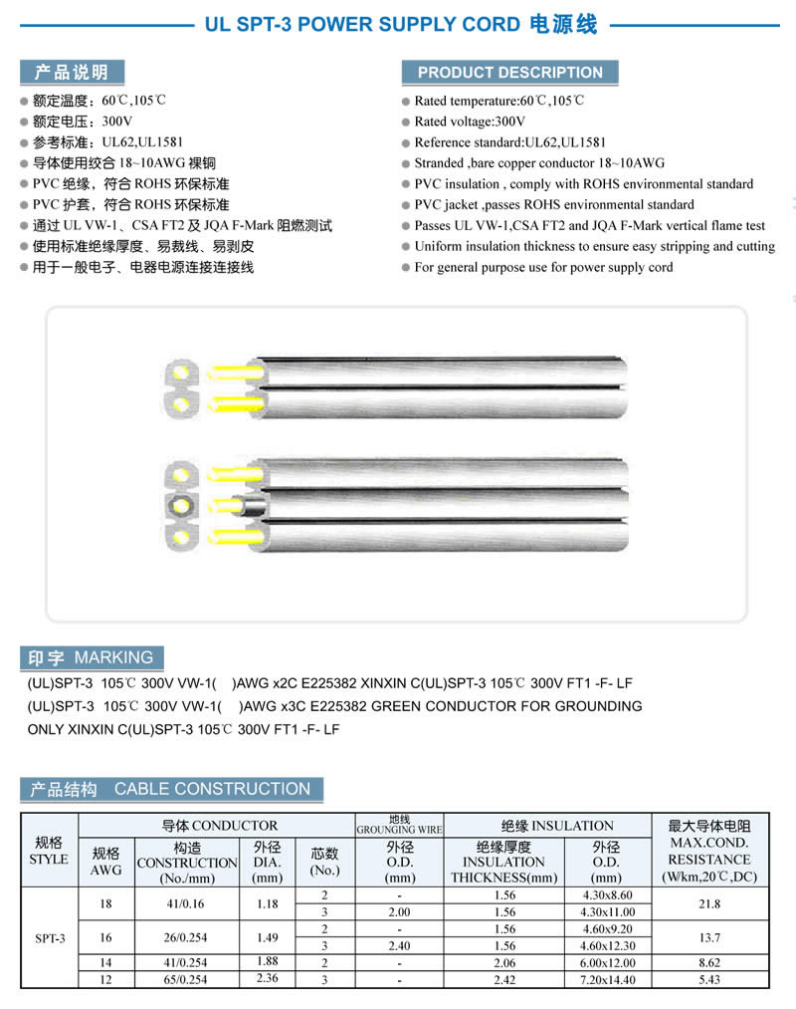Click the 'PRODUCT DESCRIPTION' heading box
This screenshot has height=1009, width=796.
click(509, 72)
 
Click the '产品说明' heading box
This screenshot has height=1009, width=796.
click(72, 72)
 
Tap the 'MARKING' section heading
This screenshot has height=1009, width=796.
click(91, 657)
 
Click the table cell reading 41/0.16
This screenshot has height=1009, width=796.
click(187, 903)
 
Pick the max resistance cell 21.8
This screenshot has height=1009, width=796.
click(709, 903)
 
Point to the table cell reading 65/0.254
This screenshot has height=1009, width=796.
click(187, 979)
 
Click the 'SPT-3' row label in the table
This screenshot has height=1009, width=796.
click(49, 937)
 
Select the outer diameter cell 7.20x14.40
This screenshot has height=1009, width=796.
click(607, 979)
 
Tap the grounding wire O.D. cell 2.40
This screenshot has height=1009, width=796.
click(399, 945)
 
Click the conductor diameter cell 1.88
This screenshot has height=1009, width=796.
click(268, 962)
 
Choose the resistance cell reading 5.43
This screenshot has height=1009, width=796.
click(709, 979)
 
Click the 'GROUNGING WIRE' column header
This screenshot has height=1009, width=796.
click(399, 825)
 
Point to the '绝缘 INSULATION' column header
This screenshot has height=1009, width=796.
click(548, 825)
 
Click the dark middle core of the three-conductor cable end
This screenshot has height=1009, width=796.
click(181, 503)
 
